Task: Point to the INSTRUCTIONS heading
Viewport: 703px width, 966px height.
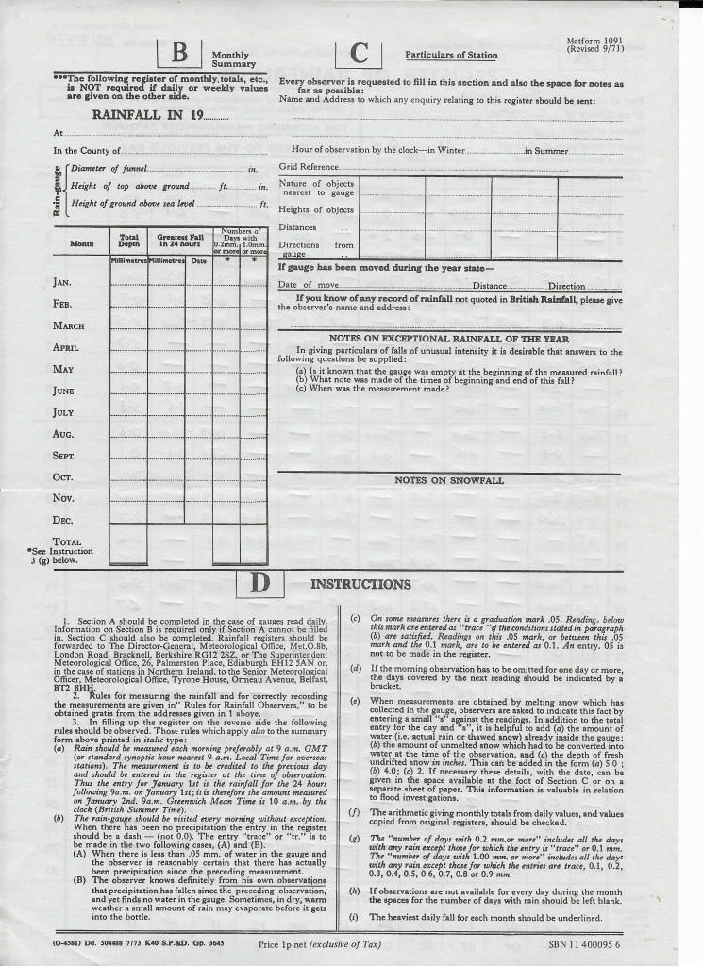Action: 360,584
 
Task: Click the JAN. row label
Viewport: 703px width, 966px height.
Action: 62,282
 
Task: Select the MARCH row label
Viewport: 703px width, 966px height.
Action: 69,325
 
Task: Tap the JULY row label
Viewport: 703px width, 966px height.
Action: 63,412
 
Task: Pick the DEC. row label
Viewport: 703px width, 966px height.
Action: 63,520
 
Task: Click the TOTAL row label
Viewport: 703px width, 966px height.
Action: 66,541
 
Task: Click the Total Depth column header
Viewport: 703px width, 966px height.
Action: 129,241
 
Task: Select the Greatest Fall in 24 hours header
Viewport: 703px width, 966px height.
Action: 180,241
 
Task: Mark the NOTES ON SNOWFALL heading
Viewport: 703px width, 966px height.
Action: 449,480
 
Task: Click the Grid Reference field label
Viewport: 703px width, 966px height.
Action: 309,167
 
